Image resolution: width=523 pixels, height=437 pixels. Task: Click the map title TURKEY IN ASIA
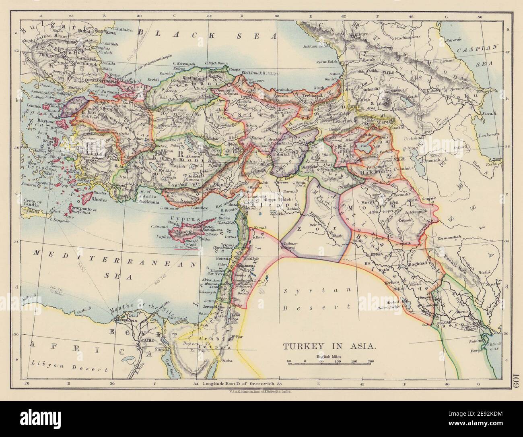330,346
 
